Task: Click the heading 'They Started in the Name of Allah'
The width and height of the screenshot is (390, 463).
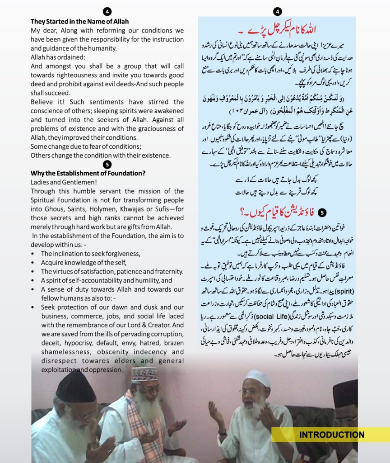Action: [x=79, y=21]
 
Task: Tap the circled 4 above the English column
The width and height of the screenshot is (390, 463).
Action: [x=107, y=11]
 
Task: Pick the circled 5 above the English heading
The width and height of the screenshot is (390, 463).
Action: [x=107, y=164]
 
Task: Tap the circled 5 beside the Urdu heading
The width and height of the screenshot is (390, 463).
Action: [x=321, y=212]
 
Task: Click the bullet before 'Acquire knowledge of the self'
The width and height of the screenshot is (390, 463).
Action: [x=34, y=262]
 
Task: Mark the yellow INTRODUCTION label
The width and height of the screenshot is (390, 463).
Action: [x=332, y=435]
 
